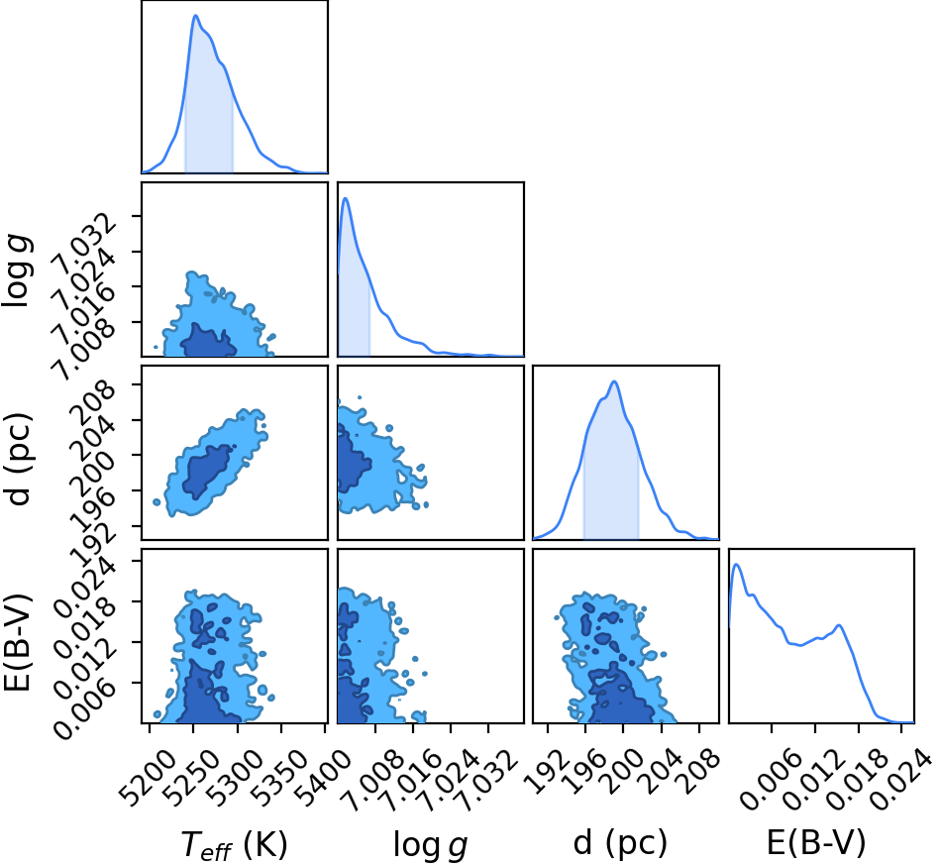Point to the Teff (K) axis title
pos(234,844)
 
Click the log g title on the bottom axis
pos(430,845)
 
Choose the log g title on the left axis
pos(17,270)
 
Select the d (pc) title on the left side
pos(17,458)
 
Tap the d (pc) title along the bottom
pos(620,843)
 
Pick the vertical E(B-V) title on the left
pos(17,641)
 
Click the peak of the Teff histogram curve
pos(195,16)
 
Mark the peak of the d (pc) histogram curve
pos(614,381)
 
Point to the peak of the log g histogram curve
pos(346,198)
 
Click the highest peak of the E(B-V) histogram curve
pos(737,565)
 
